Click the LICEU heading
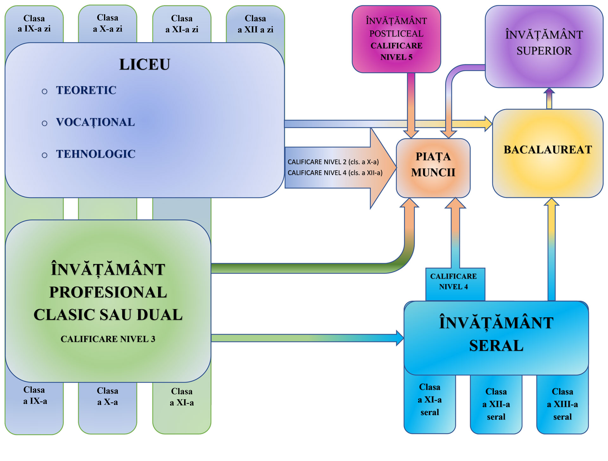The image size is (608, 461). click(144, 65)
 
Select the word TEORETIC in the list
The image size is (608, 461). click(86, 90)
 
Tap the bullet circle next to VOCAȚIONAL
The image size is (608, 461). click(45, 123)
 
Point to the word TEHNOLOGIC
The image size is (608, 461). click(96, 154)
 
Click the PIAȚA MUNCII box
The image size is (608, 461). click(433, 168)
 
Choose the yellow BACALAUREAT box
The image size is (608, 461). click(548, 154)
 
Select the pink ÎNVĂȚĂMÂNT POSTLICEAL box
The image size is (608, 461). click(396, 39)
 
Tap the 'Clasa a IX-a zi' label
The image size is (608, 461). click(34, 24)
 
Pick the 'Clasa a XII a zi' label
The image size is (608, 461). click(255, 24)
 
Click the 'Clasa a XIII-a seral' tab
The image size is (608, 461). click(562, 404)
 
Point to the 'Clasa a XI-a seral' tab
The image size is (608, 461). click(430, 400)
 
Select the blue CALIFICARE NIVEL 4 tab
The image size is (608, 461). click(453, 281)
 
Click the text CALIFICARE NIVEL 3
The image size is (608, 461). click(108, 339)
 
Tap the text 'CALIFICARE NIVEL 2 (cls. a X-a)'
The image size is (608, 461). click(333, 162)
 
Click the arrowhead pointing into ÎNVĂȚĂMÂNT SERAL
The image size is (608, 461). click(400, 338)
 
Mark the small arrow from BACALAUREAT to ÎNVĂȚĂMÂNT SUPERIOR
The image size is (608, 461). click(549, 98)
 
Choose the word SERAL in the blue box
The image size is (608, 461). click(496, 345)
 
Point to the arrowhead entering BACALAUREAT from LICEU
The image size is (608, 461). click(488, 124)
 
